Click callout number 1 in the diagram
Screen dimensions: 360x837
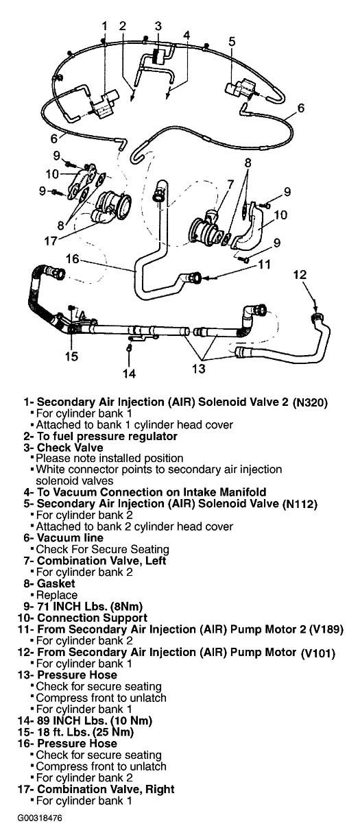coord(104,26)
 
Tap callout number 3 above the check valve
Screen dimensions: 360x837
coord(158,26)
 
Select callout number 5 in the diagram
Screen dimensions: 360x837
coord(232,41)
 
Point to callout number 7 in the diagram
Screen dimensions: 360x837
coord(230,184)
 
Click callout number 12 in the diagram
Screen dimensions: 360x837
coord(300,275)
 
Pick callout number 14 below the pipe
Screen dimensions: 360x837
coord(130,374)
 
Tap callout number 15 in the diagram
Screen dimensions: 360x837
coord(71,356)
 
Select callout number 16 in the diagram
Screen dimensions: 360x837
coord(73,258)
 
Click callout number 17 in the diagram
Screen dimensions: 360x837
coord(51,241)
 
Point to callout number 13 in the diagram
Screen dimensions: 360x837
coord(199,368)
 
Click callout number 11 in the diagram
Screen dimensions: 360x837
coord(264,265)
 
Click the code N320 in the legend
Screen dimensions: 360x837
coord(310,403)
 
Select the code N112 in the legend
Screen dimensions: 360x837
coord(300,505)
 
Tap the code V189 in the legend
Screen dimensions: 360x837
coord(326,629)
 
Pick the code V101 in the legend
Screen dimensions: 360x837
coord(318,653)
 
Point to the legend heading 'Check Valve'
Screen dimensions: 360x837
coord(70,447)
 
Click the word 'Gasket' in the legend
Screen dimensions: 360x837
coord(56,583)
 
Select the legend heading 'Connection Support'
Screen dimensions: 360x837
coord(93,618)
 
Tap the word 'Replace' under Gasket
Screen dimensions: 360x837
coord(57,595)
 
